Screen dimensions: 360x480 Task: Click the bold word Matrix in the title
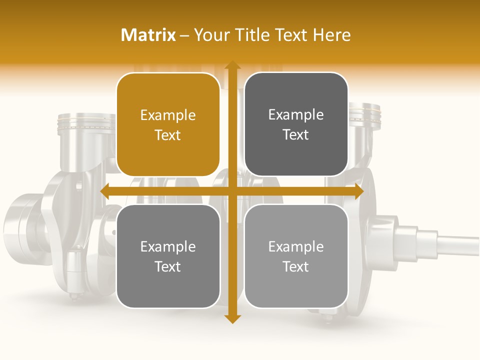click(x=148, y=35)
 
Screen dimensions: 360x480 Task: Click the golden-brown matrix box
click(x=168, y=125)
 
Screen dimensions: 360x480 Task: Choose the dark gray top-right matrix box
click(x=296, y=125)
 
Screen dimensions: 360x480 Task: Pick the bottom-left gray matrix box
click(x=168, y=256)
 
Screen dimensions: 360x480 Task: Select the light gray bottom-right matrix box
click(x=296, y=256)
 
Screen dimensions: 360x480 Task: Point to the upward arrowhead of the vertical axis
click(x=232, y=65)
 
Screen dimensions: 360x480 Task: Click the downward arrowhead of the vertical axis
click(x=232, y=318)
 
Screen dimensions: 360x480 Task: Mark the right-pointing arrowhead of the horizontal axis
click(x=358, y=191)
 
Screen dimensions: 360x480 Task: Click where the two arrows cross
click(x=232, y=191)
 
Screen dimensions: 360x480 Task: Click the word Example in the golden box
click(x=168, y=115)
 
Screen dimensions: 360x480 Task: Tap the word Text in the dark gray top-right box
click(x=296, y=135)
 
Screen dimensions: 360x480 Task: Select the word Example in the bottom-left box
click(x=168, y=247)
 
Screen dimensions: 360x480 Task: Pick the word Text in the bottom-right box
click(x=296, y=266)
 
